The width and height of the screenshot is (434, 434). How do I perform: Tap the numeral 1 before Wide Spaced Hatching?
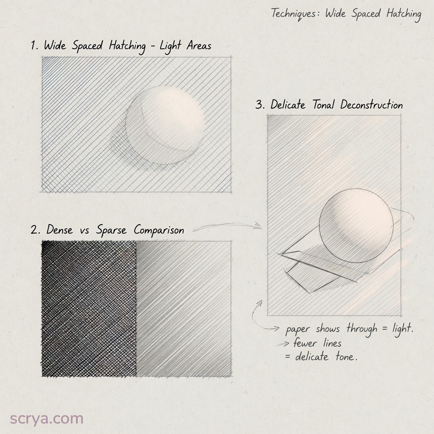33,45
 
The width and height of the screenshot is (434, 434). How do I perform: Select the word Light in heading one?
170,46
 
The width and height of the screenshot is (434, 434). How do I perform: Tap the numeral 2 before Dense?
35,230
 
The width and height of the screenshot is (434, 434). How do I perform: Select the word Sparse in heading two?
111,230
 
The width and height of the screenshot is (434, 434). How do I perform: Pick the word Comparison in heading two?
159,230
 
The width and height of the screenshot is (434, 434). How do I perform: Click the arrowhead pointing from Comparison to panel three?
259,225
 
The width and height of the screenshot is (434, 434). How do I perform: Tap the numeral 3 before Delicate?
259,105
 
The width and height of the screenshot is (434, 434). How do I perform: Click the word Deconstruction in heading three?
371,105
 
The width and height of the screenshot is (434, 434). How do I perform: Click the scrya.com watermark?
47,419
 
